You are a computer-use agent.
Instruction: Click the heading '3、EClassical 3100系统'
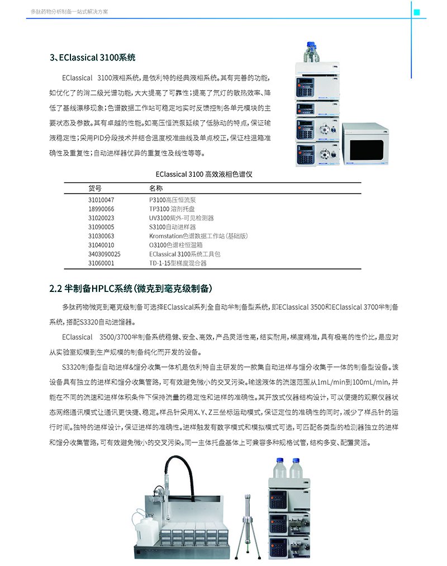pyautogui.click(x=92, y=58)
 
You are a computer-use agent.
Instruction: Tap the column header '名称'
pyautogui.click(x=156, y=188)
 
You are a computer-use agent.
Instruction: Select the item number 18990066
pyautogui.click(x=101, y=209)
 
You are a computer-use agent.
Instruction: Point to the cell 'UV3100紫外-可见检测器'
pyautogui.click(x=181, y=218)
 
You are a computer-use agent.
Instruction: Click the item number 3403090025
pyautogui.click(x=104, y=253)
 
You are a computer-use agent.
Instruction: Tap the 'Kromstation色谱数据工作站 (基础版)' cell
pyautogui.click(x=198, y=235)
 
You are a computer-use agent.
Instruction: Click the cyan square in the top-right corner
pyautogui.click(x=416, y=10)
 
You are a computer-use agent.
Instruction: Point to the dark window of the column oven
pyautogui.click(x=366, y=150)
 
